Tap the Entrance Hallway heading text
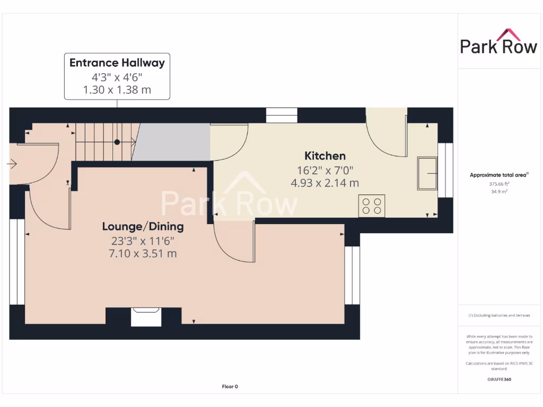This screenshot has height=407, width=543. tap(117, 63)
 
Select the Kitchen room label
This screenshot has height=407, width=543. tap(325, 156)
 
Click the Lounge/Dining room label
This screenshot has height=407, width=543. tap(143, 227)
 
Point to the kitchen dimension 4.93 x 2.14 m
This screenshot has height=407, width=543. tap(325, 183)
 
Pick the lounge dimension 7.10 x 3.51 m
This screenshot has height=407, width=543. tap(143, 254)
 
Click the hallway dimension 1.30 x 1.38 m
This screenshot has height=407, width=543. tap(117, 90)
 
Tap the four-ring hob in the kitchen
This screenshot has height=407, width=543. tap(372, 206)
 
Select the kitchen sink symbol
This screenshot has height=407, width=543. tap(427, 173)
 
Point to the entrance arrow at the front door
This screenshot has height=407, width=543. tap(12, 164)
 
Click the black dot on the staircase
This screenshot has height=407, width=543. tap(117, 142)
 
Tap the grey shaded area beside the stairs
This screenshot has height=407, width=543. tap(172, 142)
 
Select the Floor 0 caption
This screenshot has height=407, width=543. tap(230, 387)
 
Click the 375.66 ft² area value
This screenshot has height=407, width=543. tap(498, 184)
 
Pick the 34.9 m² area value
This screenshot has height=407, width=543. tap(498, 191)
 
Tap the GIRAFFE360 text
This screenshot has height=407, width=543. tap(498, 379)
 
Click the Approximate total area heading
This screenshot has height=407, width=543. tap(498, 175)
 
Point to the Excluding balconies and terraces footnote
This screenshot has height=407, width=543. tap(498, 315)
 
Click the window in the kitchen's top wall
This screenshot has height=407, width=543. tap(282, 115)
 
